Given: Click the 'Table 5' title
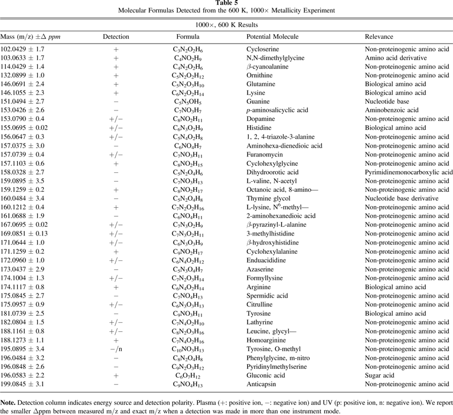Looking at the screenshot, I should pos(226,4).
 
